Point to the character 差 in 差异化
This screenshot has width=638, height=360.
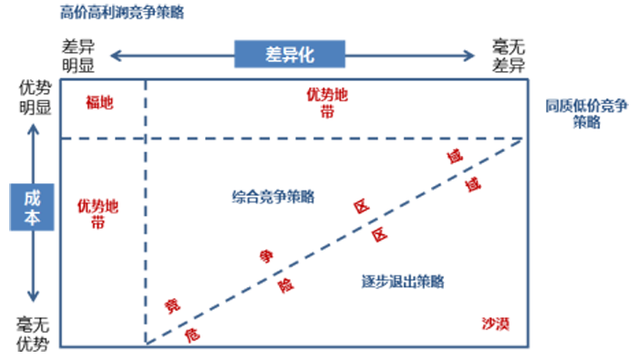(260, 56)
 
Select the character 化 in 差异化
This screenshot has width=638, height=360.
(305, 56)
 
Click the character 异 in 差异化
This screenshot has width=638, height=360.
(283, 56)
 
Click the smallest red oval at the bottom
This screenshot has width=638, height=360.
(194, 334)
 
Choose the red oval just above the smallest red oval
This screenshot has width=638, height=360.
(173, 297)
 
